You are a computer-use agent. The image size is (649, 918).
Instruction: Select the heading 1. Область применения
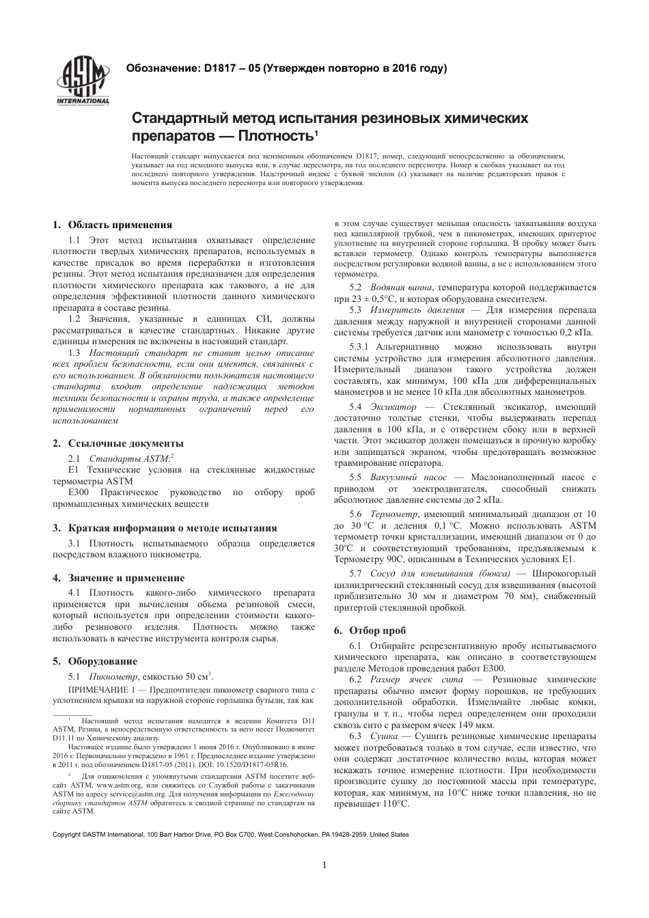click(113, 225)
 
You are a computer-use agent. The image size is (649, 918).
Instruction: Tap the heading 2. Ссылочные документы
click(118, 443)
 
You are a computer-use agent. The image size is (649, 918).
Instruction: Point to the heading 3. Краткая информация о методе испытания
click(165, 528)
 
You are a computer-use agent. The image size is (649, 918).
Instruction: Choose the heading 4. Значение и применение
click(119, 578)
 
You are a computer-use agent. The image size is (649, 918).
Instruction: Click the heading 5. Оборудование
click(95, 661)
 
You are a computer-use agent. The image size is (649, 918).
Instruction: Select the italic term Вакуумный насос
click(408, 477)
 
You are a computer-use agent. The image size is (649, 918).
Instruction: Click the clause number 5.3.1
click(359, 348)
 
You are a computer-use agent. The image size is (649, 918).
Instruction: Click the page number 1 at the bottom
click(324, 866)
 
